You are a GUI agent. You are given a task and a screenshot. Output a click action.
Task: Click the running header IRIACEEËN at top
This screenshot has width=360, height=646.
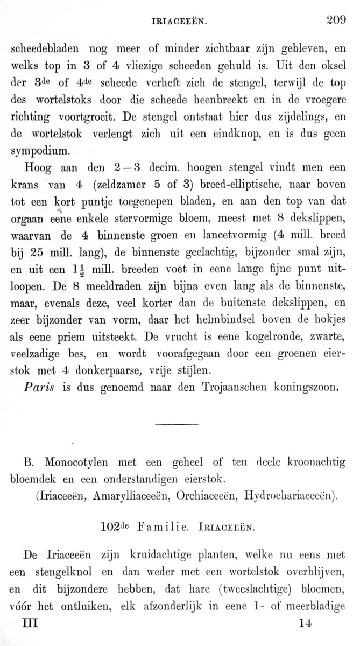click(180, 22)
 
